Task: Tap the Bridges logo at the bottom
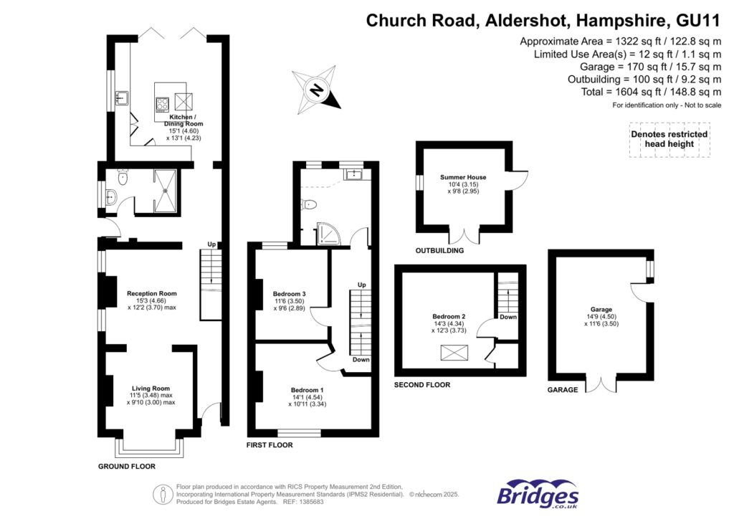(x=538, y=495)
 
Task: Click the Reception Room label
(x=152, y=293)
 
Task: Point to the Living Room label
(x=151, y=389)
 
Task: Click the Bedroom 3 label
(x=290, y=294)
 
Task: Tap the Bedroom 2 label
(x=449, y=316)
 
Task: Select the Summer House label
(x=463, y=177)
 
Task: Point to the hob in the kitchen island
(x=163, y=103)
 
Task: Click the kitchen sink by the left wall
(x=123, y=98)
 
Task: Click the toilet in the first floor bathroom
(x=309, y=205)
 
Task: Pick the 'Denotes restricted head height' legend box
(x=668, y=139)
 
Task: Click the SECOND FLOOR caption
(x=422, y=385)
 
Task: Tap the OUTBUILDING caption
(x=440, y=251)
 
